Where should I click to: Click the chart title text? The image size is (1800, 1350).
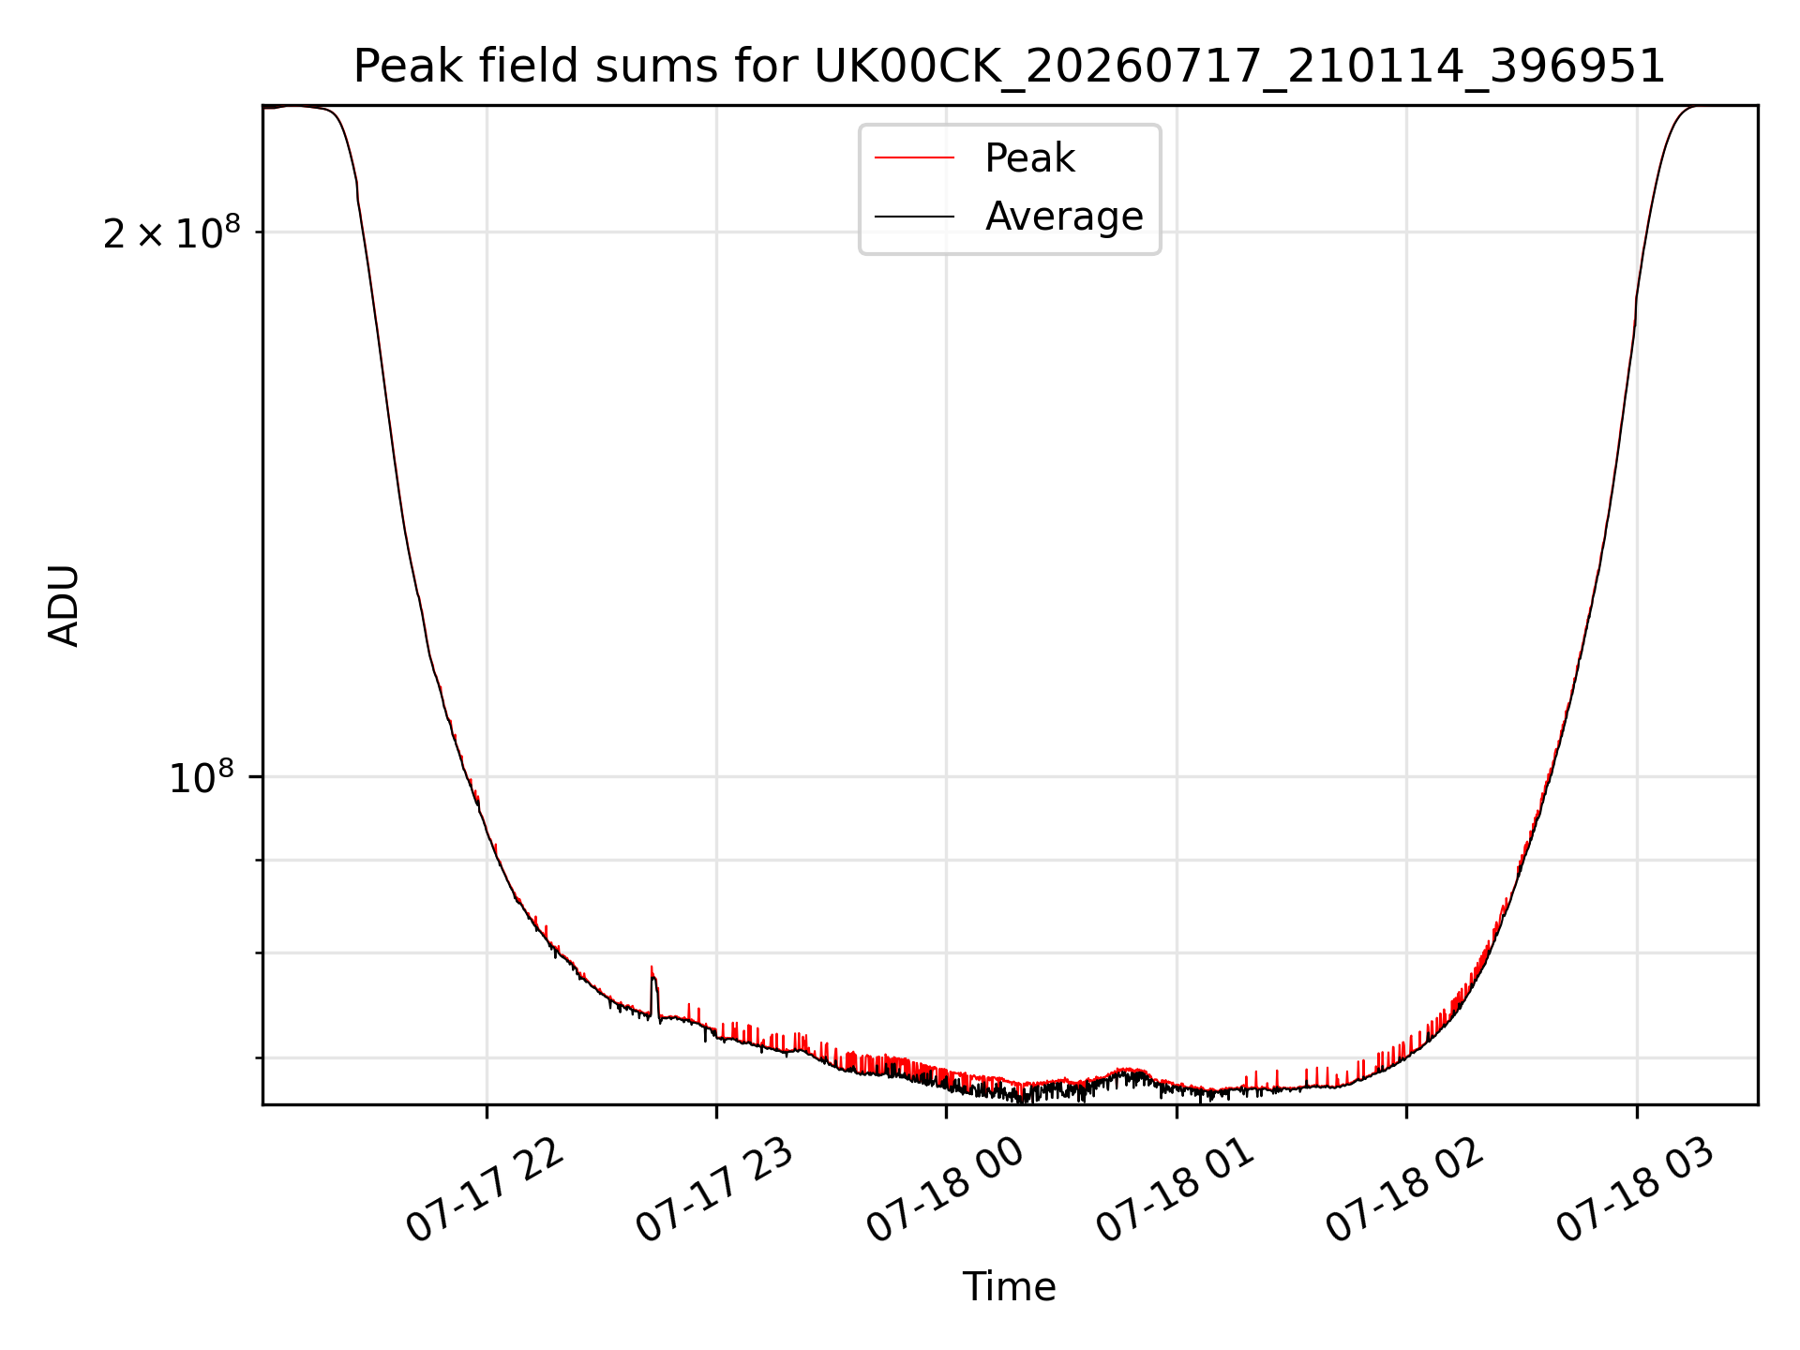1009,67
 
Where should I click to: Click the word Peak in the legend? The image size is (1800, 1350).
1029,158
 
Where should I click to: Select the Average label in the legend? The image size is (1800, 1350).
1064,217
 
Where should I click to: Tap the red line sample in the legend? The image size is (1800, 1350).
914,158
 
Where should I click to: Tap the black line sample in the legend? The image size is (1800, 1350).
914,217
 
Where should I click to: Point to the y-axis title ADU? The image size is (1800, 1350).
64,606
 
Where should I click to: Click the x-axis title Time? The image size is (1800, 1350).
1009,1287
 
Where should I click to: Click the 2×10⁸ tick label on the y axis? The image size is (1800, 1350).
172,232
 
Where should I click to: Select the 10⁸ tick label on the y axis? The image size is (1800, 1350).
201,776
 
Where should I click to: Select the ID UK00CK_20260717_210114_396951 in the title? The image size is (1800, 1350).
1239,67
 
